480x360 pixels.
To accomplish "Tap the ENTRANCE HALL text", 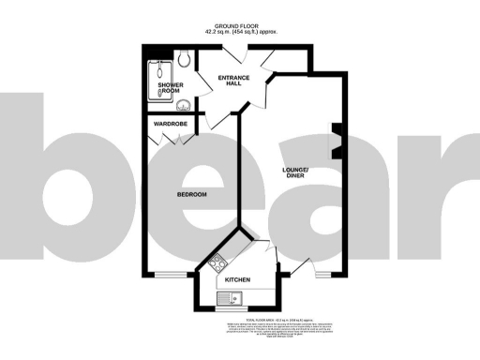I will (230, 80).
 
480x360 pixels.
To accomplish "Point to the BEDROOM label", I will (192, 194).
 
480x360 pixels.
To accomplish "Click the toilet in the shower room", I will (185, 58).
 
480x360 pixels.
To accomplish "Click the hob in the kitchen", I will (217, 263).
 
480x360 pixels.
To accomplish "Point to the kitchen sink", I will (229, 299).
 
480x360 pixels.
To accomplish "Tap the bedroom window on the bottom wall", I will (170, 274).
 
